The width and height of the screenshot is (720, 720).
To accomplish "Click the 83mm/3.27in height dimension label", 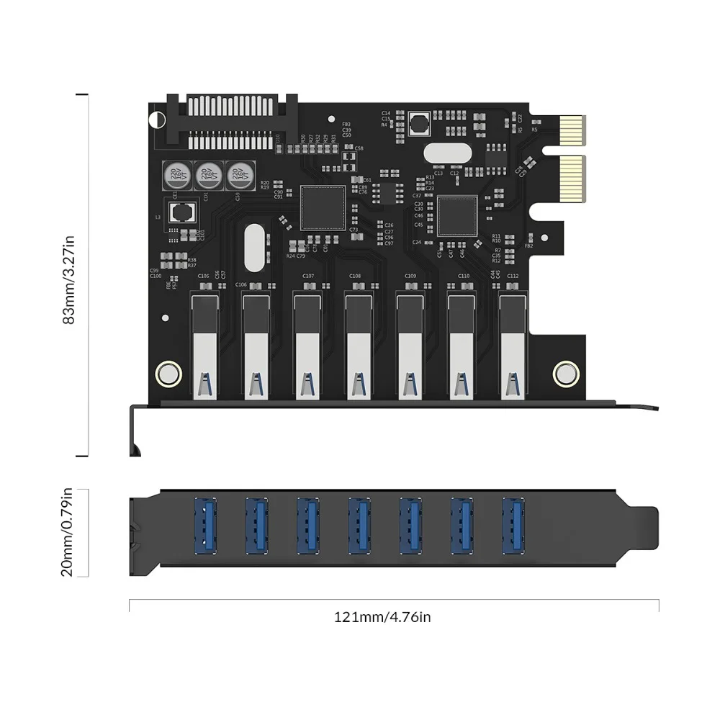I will click(x=69, y=276).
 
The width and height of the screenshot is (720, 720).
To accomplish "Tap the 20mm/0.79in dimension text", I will click(x=69, y=533).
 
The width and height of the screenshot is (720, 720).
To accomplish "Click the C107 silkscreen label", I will click(x=307, y=276).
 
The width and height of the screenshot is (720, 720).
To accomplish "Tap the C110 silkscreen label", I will click(x=463, y=276).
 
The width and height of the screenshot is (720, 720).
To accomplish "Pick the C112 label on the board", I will click(x=513, y=276).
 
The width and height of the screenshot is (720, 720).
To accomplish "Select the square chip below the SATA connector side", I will click(x=323, y=207).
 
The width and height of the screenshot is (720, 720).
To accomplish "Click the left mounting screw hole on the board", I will click(x=168, y=373).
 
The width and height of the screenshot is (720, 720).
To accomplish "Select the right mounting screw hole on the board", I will click(x=565, y=373).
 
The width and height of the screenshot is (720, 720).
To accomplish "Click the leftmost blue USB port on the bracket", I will click(x=204, y=525).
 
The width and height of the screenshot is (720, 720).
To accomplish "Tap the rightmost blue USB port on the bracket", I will click(x=513, y=525).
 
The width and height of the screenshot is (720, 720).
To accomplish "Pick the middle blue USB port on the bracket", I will click(x=359, y=525).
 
